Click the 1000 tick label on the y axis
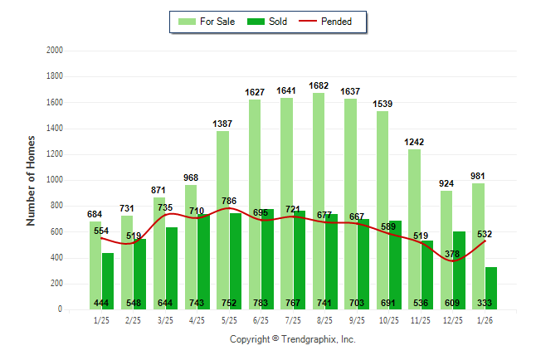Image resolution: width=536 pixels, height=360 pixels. [x=54, y=180]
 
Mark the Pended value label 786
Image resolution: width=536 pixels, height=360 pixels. [x=229, y=201]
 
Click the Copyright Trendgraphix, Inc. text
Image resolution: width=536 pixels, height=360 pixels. [x=292, y=339]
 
